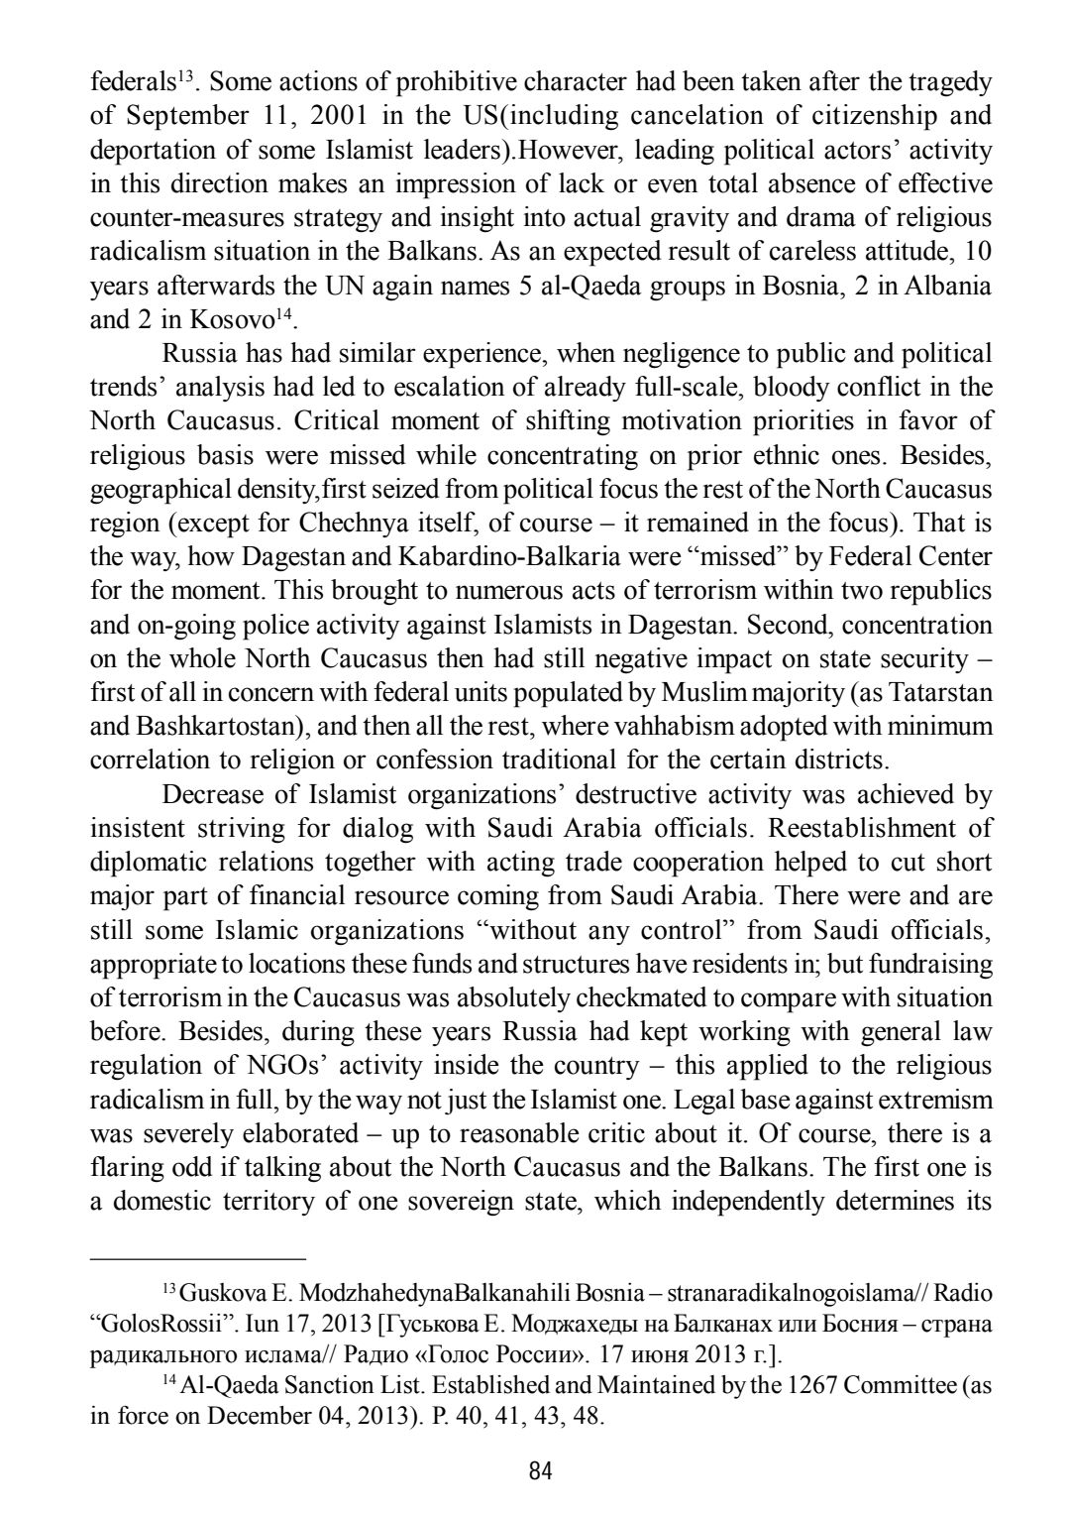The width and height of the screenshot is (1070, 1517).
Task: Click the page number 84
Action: pos(540,1470)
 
